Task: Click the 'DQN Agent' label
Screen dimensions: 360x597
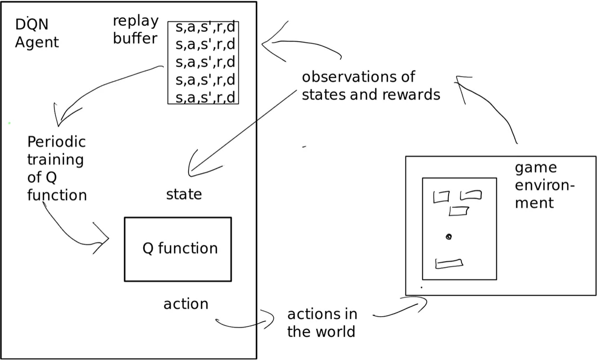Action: pyautogui.click(x=37, y=34)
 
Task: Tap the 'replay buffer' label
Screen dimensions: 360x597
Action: pyautogui.click(x=135, y=30)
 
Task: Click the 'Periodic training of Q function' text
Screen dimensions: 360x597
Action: pyautogui.click(x=56, y=168)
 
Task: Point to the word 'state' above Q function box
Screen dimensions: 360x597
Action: pyautogui.click(x=184, y=194)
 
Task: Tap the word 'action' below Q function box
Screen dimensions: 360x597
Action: pyautogui.click(x=186, y=304)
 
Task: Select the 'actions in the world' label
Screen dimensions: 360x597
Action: pyautogui.click(x=322, y=322)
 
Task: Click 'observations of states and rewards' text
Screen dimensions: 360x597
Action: pyautogui.click(x=371, y=86)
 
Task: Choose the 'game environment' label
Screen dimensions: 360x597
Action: pyautogui.click(x=544, y=185)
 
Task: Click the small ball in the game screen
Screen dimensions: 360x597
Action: pyautogui.click(x=449, y=237)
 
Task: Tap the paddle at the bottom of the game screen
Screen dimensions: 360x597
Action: pyautogui.click(x=449, y=264)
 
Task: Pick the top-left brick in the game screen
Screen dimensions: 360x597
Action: pyautogui.click(x=441, y=196)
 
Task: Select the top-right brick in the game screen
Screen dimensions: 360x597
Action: pyautogui.click(x=471, y=195)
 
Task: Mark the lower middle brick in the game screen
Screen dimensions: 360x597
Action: pyautogui.click(x=459, y=211)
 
